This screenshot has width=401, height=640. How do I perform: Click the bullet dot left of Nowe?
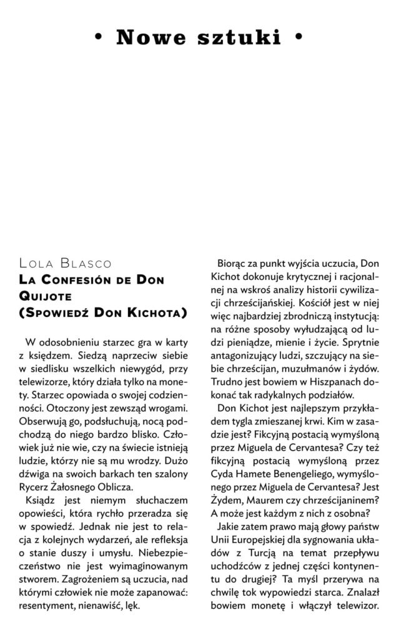tap(97, 38)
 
